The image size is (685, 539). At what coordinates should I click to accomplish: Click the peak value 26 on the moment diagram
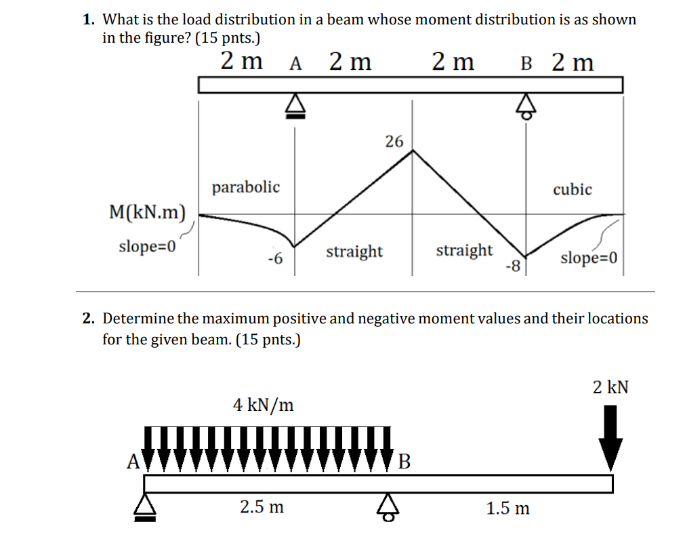point(394,141)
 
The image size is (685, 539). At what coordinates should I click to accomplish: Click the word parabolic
point(245,186)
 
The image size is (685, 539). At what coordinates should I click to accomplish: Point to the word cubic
point(572,189)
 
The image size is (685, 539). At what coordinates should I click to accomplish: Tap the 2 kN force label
point(610,387)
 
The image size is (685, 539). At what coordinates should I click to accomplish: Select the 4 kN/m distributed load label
point(264,405)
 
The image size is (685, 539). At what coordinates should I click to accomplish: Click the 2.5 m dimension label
point(262,506)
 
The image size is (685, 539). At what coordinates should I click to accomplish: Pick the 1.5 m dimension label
point(508,508)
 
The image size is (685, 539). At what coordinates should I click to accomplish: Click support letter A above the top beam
point(295,64)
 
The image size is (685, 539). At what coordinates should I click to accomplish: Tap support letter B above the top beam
point(526,64)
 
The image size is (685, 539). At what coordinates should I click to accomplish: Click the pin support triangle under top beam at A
point(294,106)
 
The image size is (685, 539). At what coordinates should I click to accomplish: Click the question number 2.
point(87,318)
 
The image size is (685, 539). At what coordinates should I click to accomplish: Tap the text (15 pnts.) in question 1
point(228,38)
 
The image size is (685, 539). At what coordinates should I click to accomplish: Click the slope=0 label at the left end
point(147,245)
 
